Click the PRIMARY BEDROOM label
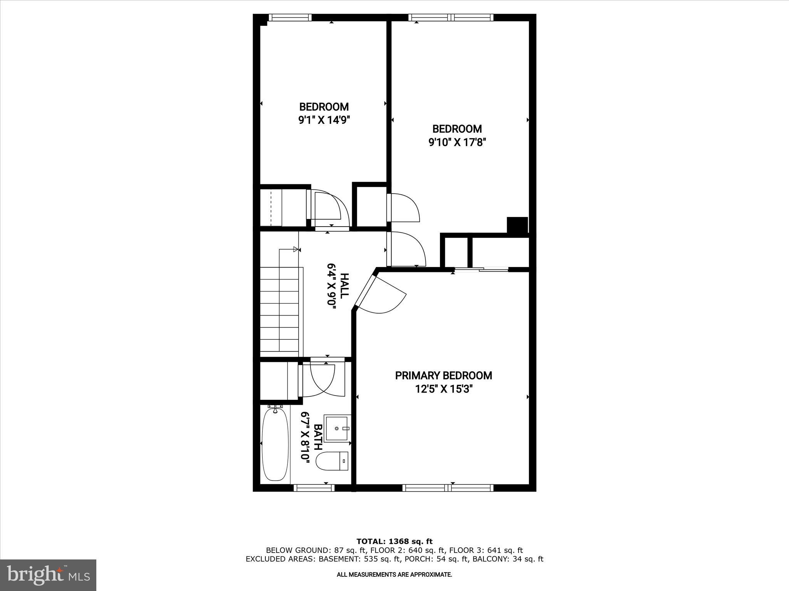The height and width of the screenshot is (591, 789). tap(443, 376)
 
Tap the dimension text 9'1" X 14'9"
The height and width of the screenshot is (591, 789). tap(324, 120)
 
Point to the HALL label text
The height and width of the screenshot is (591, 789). tap(344, 284)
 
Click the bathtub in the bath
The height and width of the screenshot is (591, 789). tap(275, 444)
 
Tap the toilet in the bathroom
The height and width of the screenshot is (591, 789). tap(332, 461)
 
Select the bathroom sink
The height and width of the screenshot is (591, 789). tap(337, 428)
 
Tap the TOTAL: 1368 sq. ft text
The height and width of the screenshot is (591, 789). tap(394, 541)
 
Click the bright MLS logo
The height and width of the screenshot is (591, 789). tap(48, 575)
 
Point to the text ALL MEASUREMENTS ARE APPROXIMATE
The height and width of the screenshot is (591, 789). tap(394, 574)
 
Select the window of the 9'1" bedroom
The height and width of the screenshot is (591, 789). tap(290, 17)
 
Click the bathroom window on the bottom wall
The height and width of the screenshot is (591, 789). tap(314, 487)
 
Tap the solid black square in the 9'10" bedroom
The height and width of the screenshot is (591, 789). tap(517, 225)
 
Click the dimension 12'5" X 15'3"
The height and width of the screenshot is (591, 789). tap(443, 389)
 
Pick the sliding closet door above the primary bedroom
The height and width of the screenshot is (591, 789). tap(481, 270)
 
